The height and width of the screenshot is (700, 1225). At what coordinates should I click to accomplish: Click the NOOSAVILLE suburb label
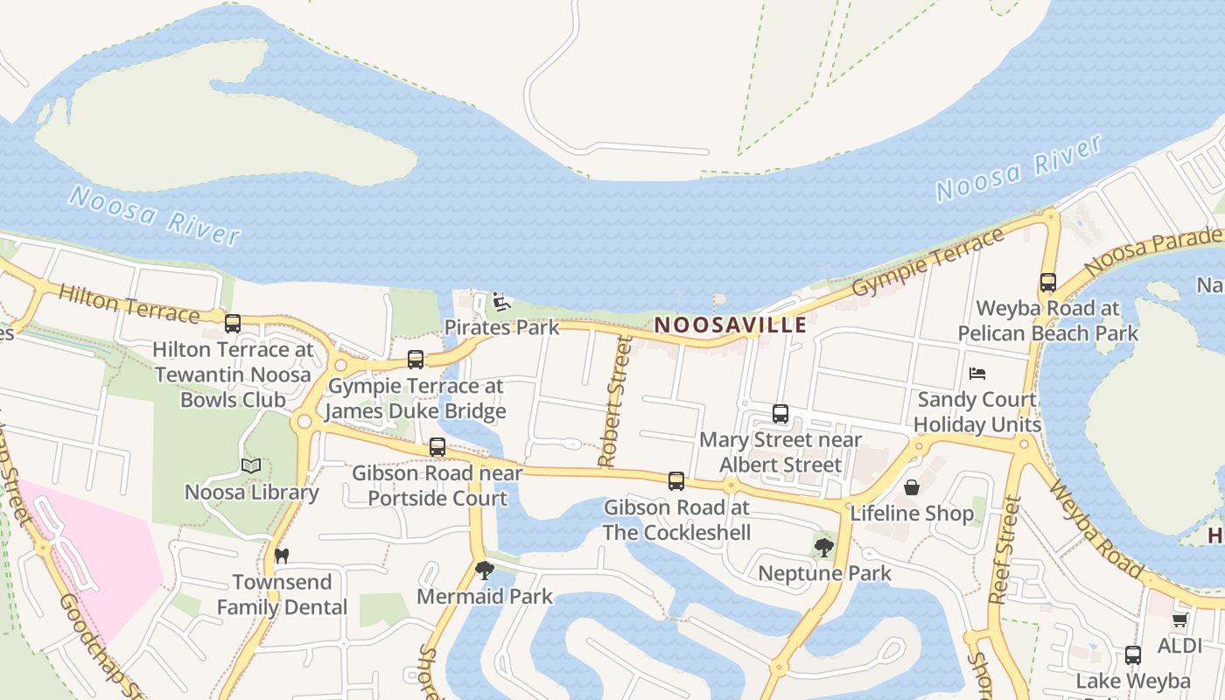coord(731,325)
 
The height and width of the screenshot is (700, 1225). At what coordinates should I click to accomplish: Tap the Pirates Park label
coord(501,327)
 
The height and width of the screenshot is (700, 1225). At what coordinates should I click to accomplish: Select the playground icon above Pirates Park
coord(500,303)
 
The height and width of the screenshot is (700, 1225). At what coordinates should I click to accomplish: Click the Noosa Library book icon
coord(251,466)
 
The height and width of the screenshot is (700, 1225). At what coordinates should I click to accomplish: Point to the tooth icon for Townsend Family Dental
coord(282,556)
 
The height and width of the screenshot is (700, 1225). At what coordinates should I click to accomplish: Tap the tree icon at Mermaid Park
coord(484,570)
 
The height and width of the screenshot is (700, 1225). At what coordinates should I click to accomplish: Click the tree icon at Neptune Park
coord(823,549)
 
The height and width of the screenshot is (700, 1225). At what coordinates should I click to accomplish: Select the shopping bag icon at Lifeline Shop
coord(912,487)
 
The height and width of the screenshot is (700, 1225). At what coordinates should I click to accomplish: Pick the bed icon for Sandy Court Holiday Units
coord(977,374)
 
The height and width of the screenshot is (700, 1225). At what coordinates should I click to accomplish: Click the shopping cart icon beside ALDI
coord(1179,620)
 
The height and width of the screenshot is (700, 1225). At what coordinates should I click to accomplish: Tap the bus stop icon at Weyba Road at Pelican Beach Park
coord(1048,283)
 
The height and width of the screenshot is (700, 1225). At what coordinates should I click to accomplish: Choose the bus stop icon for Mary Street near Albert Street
coord(780,414)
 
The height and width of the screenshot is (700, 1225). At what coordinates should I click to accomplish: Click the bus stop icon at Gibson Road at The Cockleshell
coord(676,480)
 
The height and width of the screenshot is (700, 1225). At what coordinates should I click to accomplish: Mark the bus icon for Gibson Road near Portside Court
coord(437,447)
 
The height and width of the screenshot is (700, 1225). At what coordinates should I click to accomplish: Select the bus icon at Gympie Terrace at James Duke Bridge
coord(416,360)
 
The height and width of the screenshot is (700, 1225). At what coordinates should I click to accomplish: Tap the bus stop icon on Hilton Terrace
coord(233,324)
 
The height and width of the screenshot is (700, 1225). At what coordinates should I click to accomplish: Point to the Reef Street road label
coord(1005,550)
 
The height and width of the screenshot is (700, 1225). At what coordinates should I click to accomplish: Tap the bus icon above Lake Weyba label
coord(1133,655)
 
